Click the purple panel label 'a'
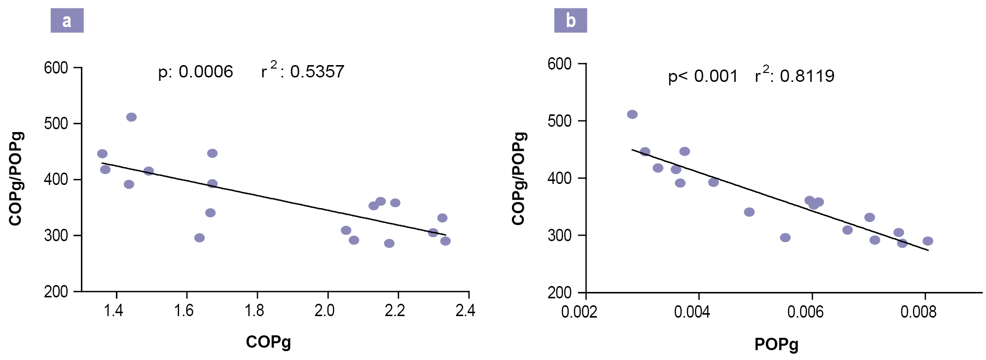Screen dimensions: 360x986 tap(67, 21)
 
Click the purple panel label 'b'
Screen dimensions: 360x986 tap(570, 21)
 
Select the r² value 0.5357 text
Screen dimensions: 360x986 tap(303, 71)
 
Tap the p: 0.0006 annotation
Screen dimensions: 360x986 tap(195, 72)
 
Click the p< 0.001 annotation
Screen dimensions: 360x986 tap(703, 76)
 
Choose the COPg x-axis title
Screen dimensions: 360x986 tap(268, 342)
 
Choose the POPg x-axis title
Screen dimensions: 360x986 tap(776, 345)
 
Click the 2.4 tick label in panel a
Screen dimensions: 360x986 tap(465, 311)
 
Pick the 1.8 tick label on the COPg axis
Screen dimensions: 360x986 tap(254, 311)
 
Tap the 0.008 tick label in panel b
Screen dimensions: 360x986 tap(918, 312)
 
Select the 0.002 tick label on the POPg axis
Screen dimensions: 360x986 tap(579, 312)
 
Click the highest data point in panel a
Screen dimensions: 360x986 tap(131, 117)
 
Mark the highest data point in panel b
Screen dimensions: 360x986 tap(632, 114)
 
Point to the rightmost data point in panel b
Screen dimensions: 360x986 tap(928, 241)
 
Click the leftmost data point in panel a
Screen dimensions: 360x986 tap(102, 154)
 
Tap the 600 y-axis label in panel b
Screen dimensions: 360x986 tap(559, 64)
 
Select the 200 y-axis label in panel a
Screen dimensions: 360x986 tap(56, 291)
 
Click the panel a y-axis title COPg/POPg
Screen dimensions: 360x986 tap(16, 179)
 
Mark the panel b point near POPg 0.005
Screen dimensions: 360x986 tap(749, 212)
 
